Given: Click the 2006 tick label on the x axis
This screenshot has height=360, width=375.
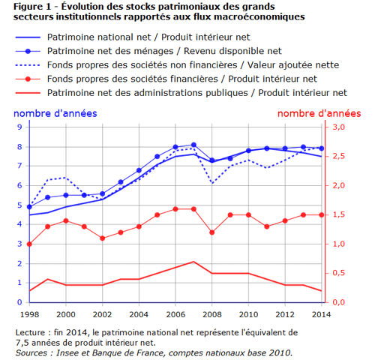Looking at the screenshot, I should (x=175, y=314).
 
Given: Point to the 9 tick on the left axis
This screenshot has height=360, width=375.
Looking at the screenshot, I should (x=19, y=127).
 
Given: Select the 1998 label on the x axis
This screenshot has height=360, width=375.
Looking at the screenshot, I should (x=29, y=314).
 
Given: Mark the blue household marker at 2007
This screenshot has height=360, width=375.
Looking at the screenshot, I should (x=193, y=145).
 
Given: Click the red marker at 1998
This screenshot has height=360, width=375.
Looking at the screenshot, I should (x=29, y=244).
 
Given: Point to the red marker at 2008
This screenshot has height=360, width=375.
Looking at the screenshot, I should (x=212, y=232).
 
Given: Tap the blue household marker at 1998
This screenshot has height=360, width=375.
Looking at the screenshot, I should (x=29, y=207).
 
